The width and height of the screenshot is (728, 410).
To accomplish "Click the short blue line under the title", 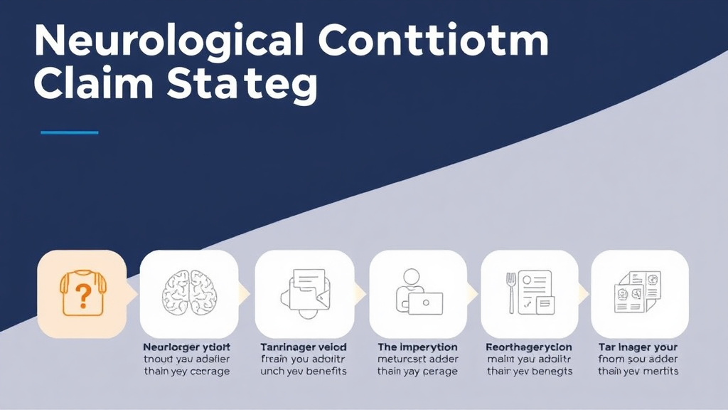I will (x=69, y=132).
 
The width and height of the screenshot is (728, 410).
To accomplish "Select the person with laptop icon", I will (x=418, y=292).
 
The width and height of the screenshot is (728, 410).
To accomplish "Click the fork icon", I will (x=510, y=293).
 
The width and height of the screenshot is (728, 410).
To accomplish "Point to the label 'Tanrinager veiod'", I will (x=304, y=347).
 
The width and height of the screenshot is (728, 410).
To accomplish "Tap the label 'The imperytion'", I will (x=418, y=347).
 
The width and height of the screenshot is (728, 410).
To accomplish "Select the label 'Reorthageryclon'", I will (x=529, y=347).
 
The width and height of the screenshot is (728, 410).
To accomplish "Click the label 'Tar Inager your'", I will (x=639, y=347).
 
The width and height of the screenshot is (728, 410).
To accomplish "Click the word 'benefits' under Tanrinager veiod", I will (x=323, y=372).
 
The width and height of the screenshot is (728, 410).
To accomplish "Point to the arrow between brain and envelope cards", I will (x=245, y=293).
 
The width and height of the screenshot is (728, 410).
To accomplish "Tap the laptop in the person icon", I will (x=425, y=303).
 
